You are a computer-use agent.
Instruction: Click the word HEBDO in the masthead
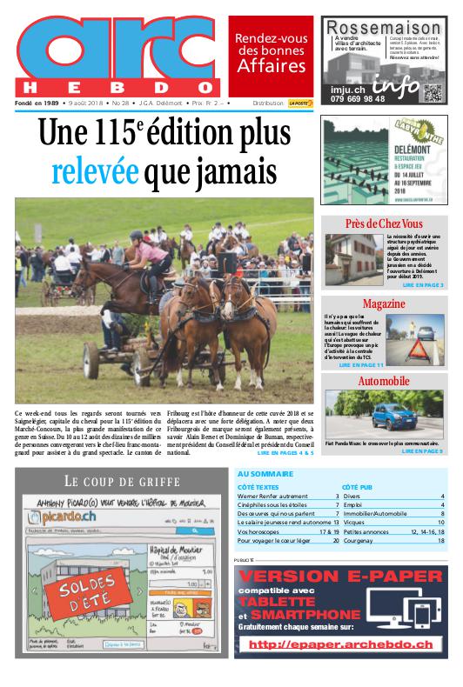117,87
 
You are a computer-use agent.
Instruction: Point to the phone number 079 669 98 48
358,99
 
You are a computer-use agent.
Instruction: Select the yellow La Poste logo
300,103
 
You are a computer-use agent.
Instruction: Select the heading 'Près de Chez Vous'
383,224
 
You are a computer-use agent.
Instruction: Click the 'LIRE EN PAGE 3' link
422,285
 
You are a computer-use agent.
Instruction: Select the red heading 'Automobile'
384,382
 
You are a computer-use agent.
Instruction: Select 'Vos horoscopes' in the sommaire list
257,530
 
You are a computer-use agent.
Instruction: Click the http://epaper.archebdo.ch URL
340,644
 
